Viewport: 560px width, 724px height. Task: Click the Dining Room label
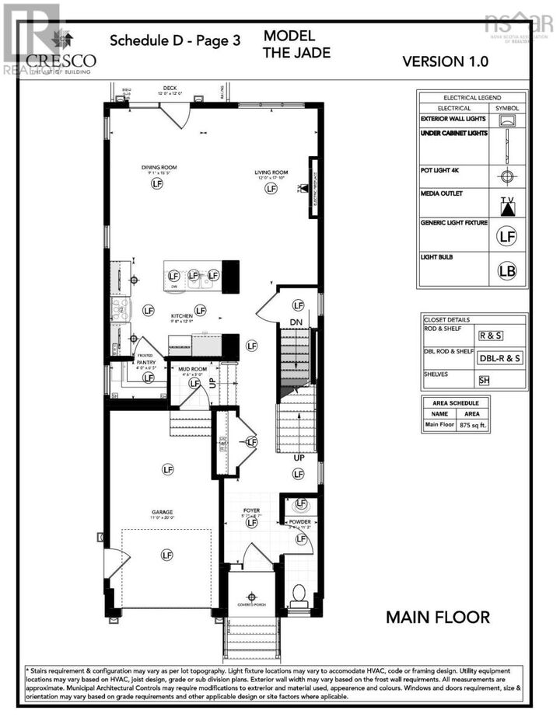[x=156, y=167]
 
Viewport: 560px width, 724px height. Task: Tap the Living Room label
[x=271, y=172]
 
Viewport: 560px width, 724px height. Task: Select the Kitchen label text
[x=182, y=316]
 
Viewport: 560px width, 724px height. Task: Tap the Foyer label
[x=251, y=510]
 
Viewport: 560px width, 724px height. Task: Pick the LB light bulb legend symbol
[x=507, y=271]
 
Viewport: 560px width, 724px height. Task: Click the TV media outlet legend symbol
[x=507, y=204]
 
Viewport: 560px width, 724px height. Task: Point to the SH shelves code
[x=485, y=380]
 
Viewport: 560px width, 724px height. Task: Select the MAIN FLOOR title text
[x=438, y=618]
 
